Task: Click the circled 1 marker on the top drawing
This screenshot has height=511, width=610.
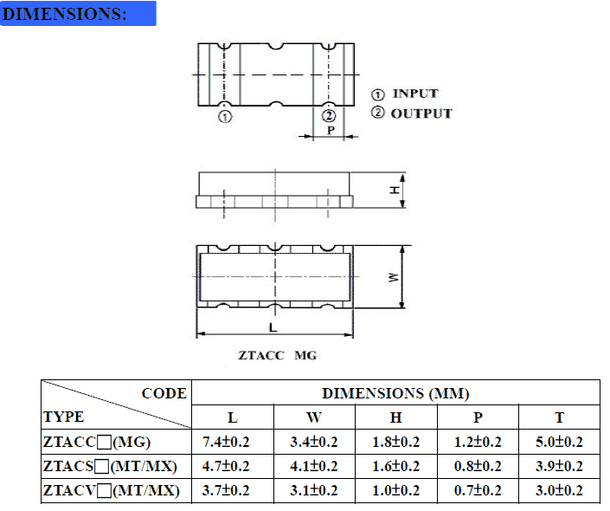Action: (x=225, y=117)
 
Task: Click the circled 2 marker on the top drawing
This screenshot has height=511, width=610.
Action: (x=328, y=117)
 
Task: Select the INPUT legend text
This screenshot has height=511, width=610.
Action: (x=415, y=94)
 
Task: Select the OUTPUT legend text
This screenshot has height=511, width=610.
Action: (x=421, y=113)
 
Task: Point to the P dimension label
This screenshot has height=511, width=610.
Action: (x=331, y=131)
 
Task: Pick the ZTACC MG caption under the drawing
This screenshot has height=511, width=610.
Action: (x=278, y=355)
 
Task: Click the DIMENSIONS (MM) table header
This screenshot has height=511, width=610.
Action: (x=395, y=393)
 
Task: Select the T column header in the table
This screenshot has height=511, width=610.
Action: (x=559, y=417)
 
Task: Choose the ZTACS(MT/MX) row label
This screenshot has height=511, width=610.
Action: (x=110, y=467)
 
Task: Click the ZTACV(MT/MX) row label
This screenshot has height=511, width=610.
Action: (x=110, y=491)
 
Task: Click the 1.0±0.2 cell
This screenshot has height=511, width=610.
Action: (x=395, y=491)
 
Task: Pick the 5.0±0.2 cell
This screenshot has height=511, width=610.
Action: (x=559, y=442)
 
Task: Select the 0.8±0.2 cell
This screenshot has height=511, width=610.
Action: (x=478, y=467)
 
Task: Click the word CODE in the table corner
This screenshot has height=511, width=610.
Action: (x=164, y=393)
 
